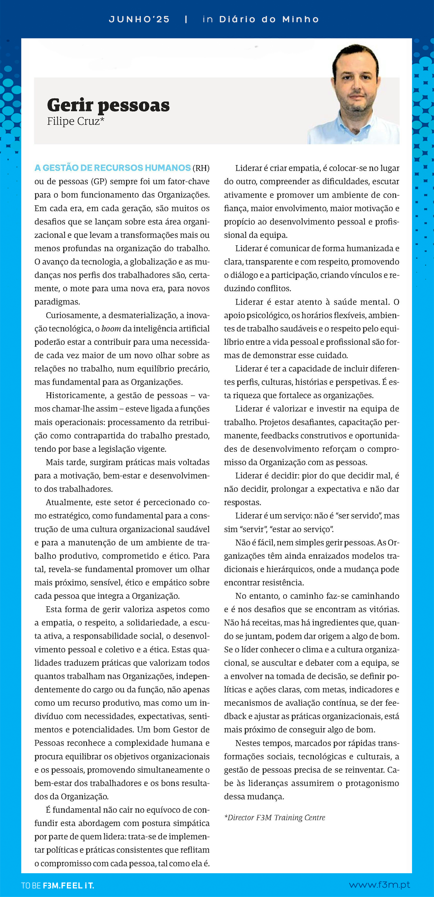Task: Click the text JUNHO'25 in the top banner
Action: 139,19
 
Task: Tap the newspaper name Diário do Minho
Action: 269,19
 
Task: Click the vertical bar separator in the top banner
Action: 186,19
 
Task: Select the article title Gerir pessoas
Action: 108,105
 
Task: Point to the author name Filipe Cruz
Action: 75,121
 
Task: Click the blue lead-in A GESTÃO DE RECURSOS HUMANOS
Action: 113,168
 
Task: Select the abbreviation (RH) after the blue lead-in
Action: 201,168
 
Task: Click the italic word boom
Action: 111,329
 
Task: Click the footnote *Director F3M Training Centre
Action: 275,817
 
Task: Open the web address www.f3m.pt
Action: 379,885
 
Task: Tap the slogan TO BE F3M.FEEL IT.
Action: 58,886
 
